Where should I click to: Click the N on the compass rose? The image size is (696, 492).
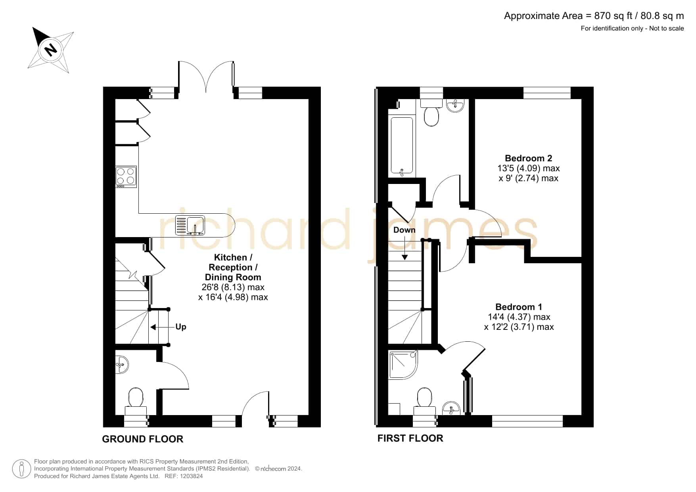click(50, 50)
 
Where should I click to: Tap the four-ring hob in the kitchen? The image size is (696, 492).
click(126, 177)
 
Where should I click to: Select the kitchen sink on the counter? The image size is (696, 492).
click(190, 225)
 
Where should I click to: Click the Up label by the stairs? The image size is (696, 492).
click(181, 327)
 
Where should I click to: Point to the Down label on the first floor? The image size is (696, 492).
click(405, 230)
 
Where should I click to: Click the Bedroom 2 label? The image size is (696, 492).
click(529, 158)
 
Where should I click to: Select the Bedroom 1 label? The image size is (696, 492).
click(519, 307)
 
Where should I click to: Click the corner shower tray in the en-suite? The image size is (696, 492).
click(404, 364)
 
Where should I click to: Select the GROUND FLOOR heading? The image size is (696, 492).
click(143, 439)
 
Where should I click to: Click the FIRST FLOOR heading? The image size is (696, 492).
click(410, 438)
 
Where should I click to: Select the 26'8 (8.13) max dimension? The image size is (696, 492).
click(233, 287)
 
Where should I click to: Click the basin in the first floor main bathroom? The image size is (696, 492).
click(455, 105)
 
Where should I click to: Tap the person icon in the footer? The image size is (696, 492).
click(22, 469)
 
